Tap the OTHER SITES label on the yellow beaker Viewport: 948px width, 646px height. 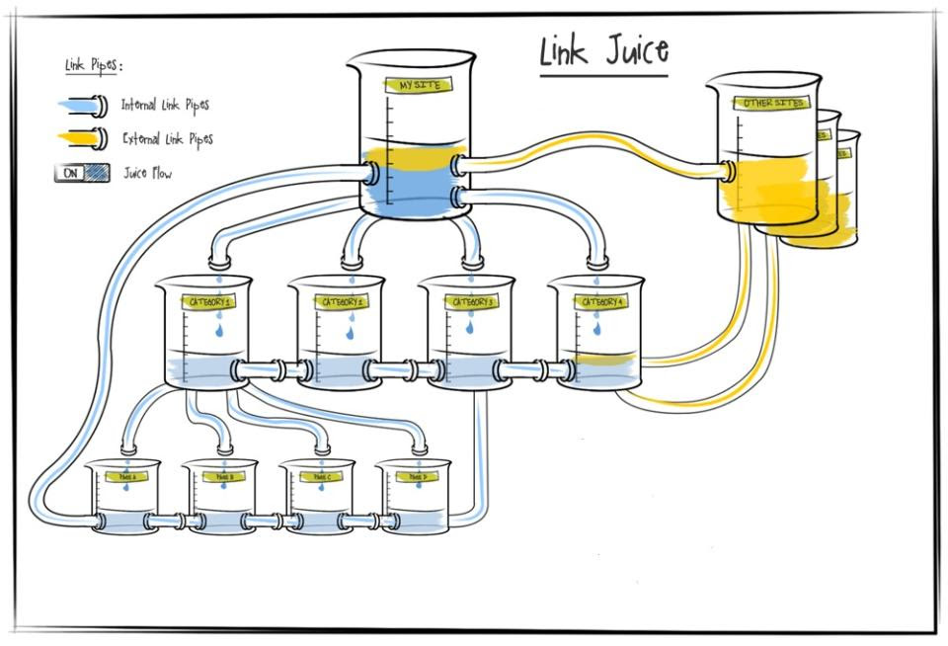coord(774,103)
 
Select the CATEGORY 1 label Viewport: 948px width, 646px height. coord(206,301)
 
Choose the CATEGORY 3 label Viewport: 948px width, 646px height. coord(470,301)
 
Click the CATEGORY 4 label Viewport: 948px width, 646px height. coord(601,301)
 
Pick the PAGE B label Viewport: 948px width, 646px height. coord(224,476)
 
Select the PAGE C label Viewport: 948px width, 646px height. coord(320,476)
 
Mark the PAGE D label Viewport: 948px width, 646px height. coord(416,476)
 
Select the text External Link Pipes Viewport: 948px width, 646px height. coord(167,139)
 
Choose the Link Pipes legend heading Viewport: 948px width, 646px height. coord(93,66)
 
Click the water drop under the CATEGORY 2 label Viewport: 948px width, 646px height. coord(350,333)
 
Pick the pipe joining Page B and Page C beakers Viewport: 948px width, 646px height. coord(262,521)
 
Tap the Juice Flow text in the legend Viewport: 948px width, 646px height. coord(147,174)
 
